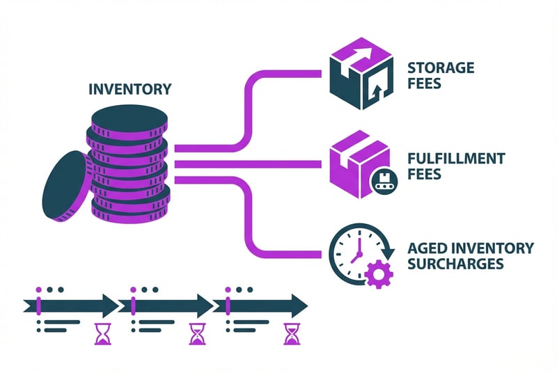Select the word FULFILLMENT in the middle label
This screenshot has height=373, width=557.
(x=457, y=159)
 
